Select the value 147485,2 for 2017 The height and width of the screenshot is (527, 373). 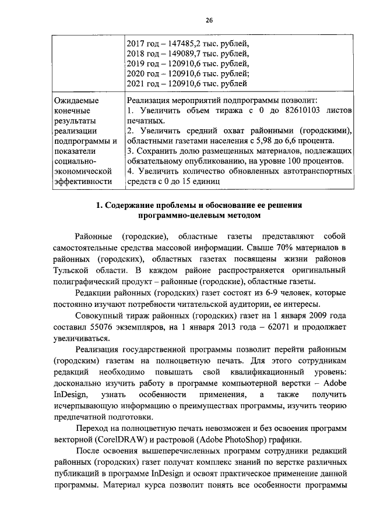pos(184,44)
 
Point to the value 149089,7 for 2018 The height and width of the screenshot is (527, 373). pos(184,54)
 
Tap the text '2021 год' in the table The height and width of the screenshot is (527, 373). pos(142,84)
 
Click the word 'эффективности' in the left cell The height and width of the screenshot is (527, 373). pos(81,182)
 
